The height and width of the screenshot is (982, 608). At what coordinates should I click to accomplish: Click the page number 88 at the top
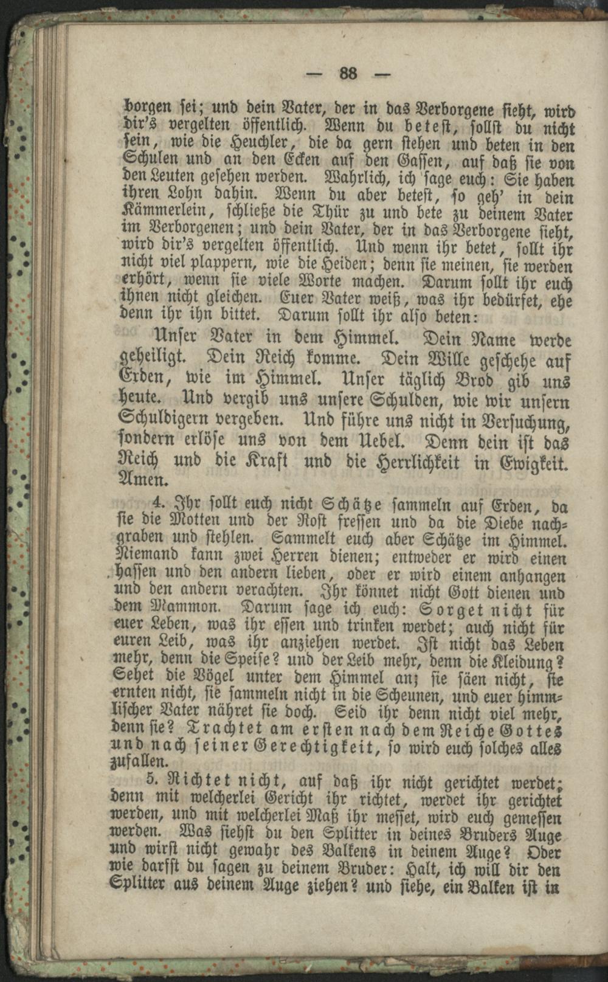point(348,74)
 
